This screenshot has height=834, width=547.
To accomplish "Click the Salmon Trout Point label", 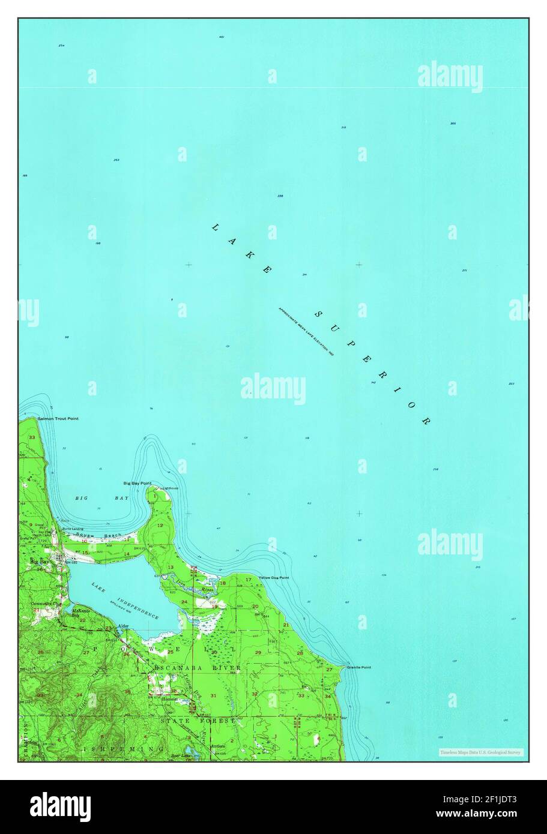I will [58, 418].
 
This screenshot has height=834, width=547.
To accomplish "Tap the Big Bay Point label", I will [137, 483].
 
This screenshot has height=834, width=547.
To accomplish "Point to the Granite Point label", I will [358, 667].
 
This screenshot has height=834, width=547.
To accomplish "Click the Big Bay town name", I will [40, 562].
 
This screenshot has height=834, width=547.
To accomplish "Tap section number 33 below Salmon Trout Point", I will [31, 437].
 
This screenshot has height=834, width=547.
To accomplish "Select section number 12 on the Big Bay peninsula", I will [160, 525].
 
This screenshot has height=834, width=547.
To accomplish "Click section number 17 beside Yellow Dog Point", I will [248, 579].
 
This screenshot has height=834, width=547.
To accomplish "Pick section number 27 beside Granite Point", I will [329, 669].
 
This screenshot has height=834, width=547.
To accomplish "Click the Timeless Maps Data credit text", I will [480, 752].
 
